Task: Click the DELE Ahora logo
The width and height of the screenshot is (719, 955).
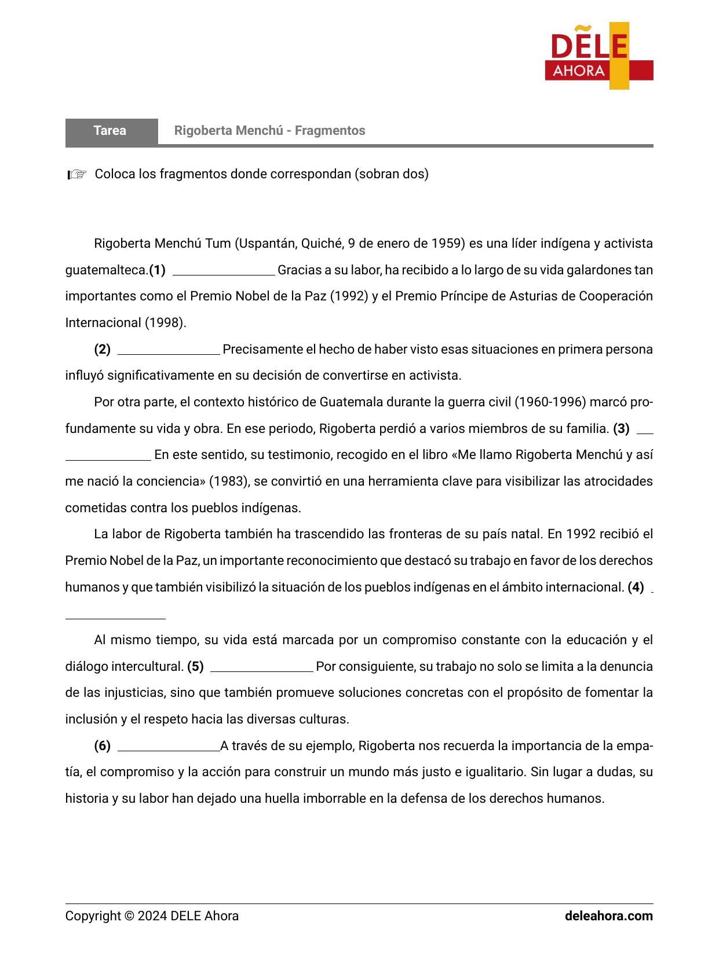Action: pyautogui.click(x=599, y=56)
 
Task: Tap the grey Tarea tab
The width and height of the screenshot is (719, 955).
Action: pyautogui.click(x=111, y=131)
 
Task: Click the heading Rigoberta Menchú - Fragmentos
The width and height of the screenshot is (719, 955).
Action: pyautogui.click(x=269, y=131)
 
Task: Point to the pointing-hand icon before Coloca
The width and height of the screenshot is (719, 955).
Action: pyautogui.click(x=77, y=174)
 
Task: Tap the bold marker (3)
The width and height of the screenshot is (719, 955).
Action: pyautogui.click(x=621, y=429)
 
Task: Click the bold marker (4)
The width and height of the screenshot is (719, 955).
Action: pyautogui.click(x=636, y=587)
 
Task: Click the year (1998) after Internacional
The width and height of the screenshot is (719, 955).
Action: pyautogui.click(x=165, y=323)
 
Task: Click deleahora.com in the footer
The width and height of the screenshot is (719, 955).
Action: pyautogui.click(x=608, y=916)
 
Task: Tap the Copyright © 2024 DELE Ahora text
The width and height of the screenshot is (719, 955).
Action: pyautogui.click(x=152, y=916)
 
